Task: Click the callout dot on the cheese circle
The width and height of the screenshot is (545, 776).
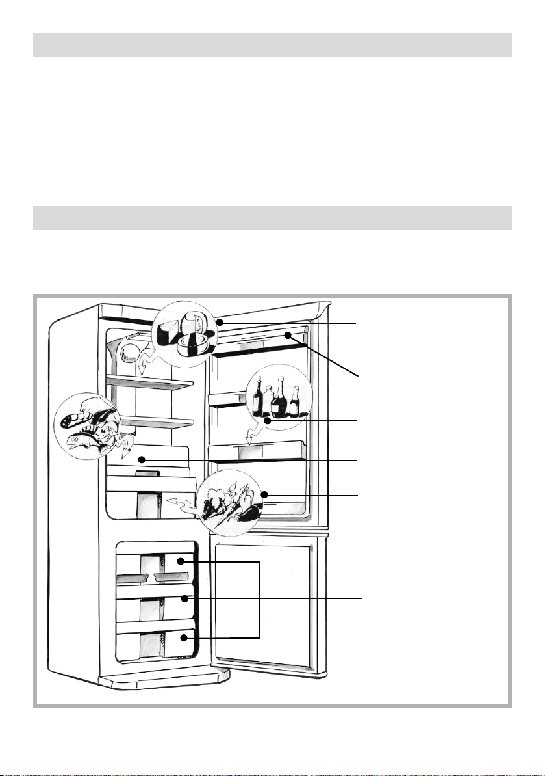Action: click(x=221, y=322)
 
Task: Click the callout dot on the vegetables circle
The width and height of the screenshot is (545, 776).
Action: click(x=264, y=496)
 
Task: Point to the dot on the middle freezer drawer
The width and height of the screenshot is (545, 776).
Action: click(x=185, y=598)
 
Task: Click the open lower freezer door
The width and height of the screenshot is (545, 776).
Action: click(x=268, y=602)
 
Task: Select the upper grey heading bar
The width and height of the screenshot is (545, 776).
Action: click(x=272, y=44)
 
